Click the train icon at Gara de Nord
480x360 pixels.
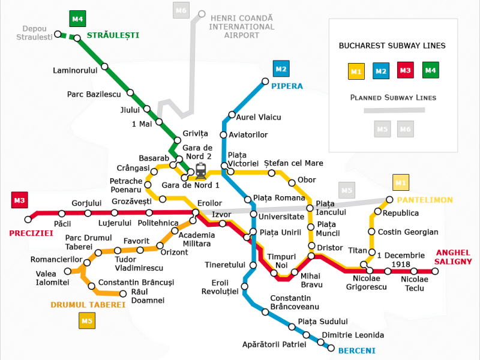[x=200, y=171]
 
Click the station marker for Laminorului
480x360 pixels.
[x=104, y=67]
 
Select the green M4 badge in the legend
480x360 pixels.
[x=430, y=71]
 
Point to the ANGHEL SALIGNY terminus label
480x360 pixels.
[x=454, y=257]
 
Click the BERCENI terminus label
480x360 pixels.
[x=356, y=350]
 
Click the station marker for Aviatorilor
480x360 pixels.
[x=224, y=135]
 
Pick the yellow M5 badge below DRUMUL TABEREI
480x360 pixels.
[x=88, y=321]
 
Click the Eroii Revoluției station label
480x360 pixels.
[x=225, y=287]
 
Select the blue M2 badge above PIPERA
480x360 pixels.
[x=281, y=69]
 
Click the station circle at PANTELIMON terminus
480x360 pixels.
[x=390, y=200]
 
